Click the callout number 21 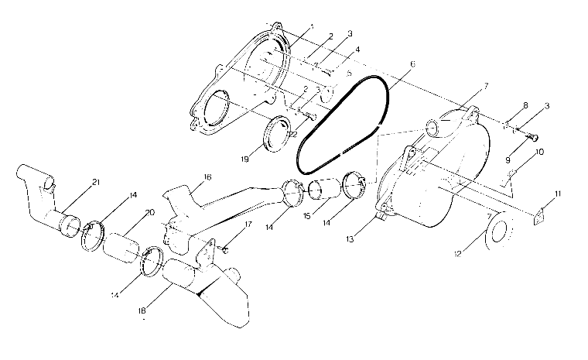(x=96, y=182)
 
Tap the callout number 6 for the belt (x=412, y=64)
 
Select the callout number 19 (x=244, y=159)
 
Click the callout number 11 (x=559, y=192)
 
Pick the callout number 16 (x=207, y=177)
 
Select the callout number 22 (x=292, y=134)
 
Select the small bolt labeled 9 (x=532, y=137)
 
